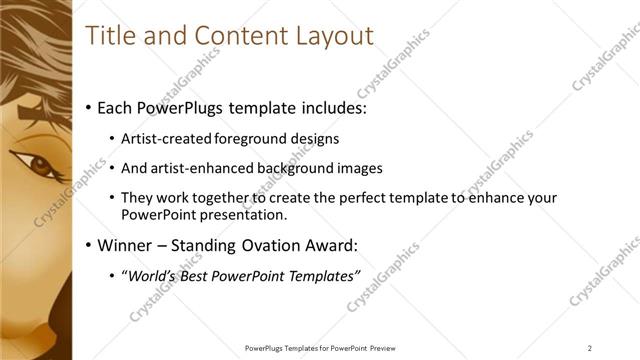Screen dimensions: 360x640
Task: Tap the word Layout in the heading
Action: (x=333, y=36)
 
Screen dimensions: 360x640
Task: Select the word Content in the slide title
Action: (x=234, y=36)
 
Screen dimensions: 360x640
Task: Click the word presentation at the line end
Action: (x=251, y=214)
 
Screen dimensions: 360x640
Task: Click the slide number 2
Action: (x=590, y=348)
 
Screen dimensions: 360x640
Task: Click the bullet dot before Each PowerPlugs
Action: (x=89, y=107)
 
